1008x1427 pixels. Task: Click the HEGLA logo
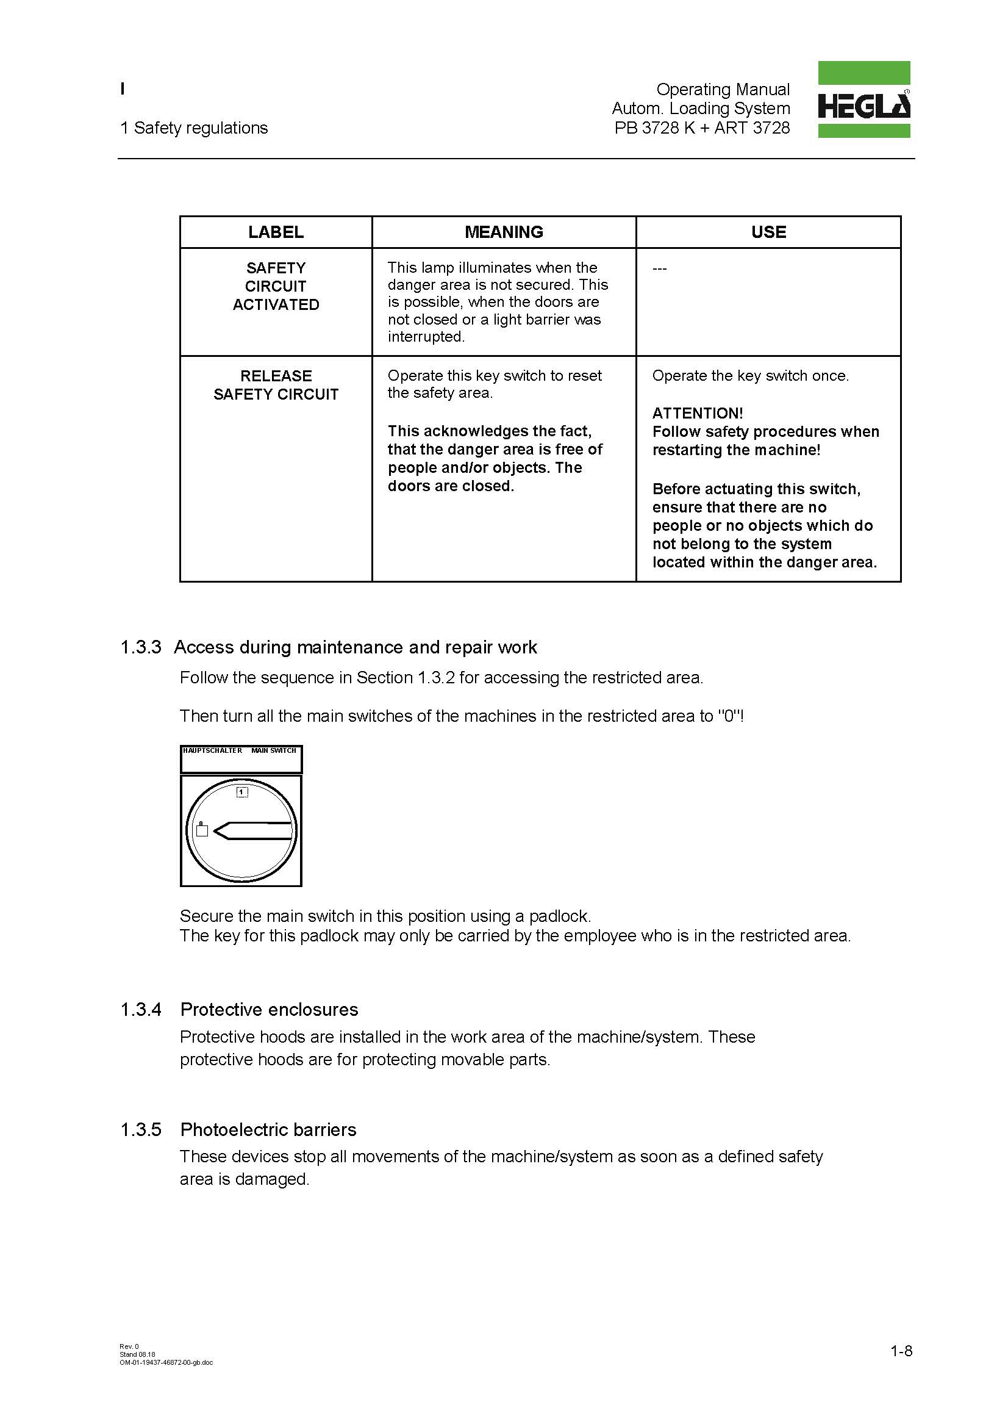point(863,99)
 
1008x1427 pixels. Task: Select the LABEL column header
point(276,232)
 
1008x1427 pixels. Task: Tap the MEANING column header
point(504,232)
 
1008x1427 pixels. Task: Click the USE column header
point(768,232)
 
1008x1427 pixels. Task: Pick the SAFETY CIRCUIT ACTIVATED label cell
point(276,287)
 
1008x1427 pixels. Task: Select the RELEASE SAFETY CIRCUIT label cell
point(276,386)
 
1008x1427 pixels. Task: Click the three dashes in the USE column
point(659,268)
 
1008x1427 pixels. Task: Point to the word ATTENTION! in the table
point(697,413)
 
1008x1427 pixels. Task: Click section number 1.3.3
point(141,648)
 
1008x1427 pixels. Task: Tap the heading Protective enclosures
point(269,1009)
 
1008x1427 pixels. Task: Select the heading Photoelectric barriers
point(268,1129)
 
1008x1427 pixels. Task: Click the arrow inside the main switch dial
point(251,830)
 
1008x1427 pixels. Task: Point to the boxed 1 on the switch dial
point(242,792)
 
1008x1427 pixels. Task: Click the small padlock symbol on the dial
point(202,830)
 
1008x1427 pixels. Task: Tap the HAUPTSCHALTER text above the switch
point(212,751)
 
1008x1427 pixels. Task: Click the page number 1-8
point(901,1351)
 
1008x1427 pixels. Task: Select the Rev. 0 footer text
point(129,1346)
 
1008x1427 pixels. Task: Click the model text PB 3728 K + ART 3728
point(702,128)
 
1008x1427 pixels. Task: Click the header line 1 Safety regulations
point(194,128)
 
